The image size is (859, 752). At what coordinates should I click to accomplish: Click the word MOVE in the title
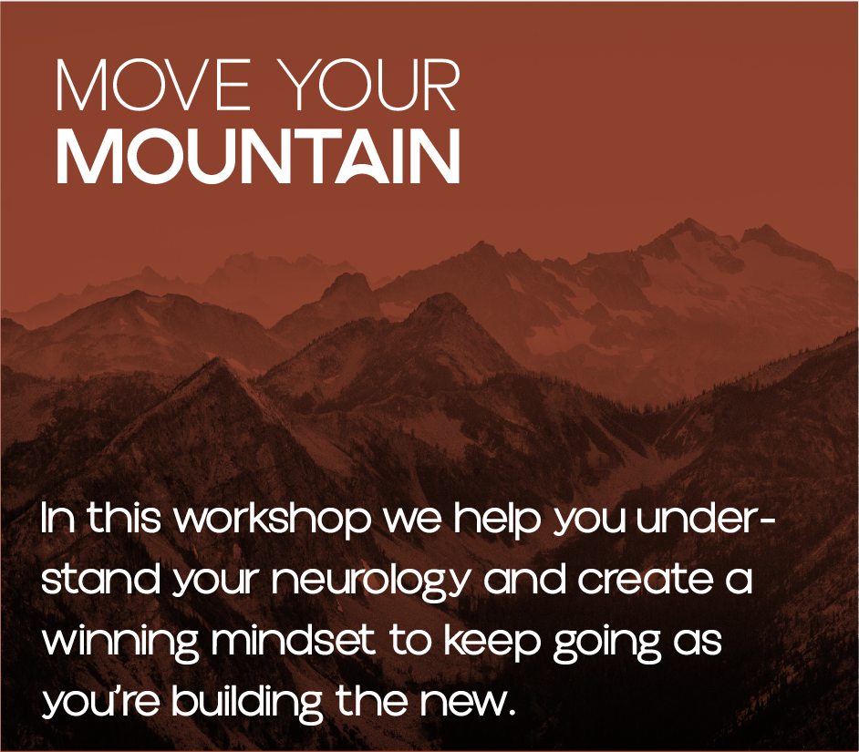click(153, 85)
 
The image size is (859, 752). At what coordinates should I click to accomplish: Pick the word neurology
click(371, 581)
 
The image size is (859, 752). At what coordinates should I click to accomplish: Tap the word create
click(646, 580)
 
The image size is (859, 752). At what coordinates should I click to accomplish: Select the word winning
click(120, 642)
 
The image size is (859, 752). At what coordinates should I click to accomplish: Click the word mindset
click(293, 640)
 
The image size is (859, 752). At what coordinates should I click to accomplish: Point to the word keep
click(492, 642)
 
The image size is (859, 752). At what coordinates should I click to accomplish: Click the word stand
click(101, 580)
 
